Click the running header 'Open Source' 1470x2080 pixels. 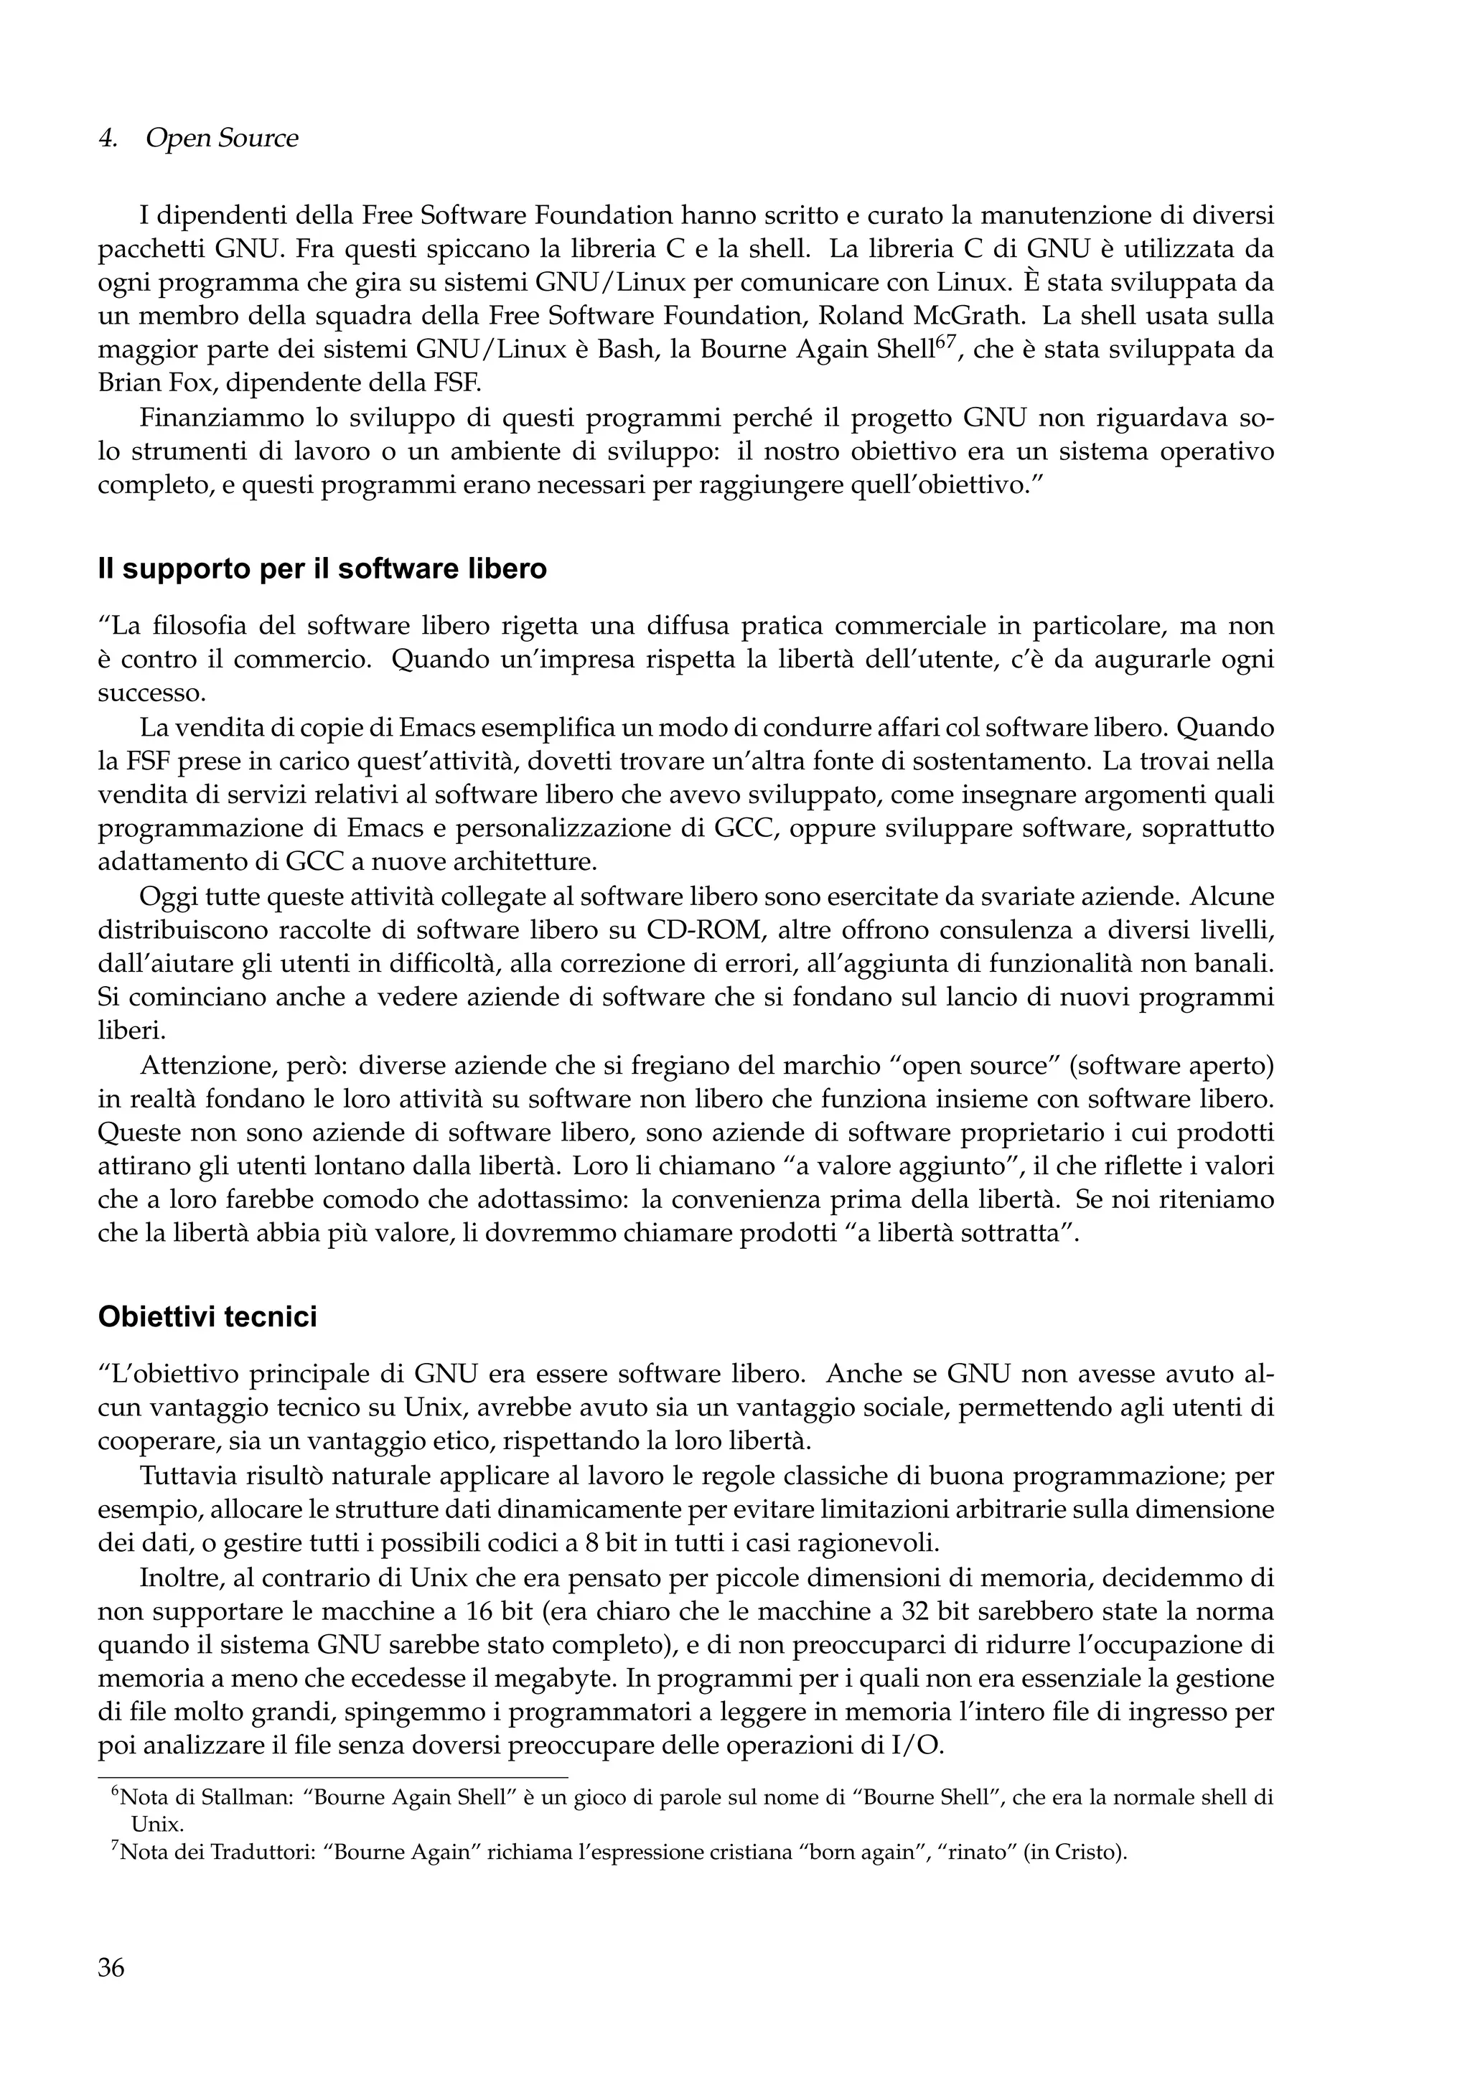(221, 139)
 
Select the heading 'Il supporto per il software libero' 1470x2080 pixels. (322, 569)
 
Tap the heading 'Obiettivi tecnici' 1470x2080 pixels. (207, 1316)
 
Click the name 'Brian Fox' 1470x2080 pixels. (152, 383)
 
